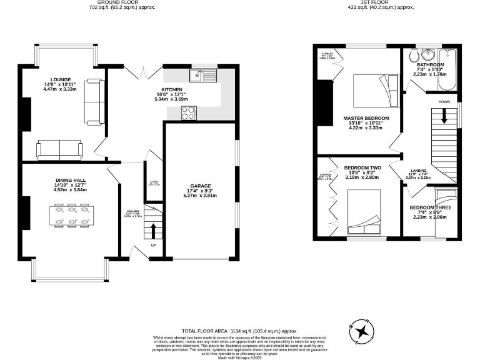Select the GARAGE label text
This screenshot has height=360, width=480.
click(201, 186)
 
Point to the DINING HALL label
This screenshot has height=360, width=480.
click(70, 181)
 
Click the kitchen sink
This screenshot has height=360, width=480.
click(201, 77)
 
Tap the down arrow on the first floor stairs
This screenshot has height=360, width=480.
click(444, 116)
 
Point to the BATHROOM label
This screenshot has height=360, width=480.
click(431, 65)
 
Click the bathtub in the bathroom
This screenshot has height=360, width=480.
click(450, 61)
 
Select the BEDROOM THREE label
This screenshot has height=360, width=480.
click(430, 207)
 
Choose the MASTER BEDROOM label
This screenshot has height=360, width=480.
click(366, 118)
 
